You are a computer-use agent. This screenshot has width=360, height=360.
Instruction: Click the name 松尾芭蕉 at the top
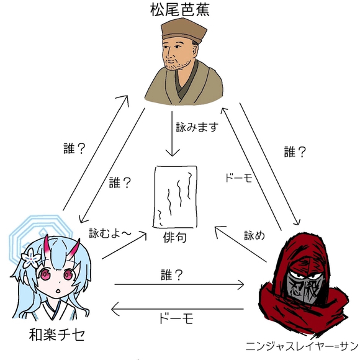coord(180,10)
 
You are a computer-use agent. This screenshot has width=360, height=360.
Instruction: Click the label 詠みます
coord(197,127)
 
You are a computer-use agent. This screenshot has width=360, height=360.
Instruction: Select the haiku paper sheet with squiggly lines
coord(175,197)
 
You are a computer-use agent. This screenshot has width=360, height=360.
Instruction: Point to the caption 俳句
coord(174,237)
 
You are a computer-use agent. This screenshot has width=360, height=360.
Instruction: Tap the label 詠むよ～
coord(110,233)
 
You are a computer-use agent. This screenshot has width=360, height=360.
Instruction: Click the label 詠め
coord(254,235)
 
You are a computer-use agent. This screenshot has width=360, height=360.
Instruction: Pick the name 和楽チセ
coord(56,335)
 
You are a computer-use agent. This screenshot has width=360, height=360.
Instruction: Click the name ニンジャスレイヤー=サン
coord(302,346)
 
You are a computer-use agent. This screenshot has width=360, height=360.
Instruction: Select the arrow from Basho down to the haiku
coord(172,134)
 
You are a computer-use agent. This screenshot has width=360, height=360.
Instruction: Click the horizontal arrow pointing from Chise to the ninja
coord(179,285)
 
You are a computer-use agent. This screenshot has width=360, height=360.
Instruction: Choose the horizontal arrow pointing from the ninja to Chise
coord(178,309)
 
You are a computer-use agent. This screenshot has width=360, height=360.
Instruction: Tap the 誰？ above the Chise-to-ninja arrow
coord(172,275)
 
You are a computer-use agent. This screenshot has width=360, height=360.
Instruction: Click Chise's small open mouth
coord(58,290)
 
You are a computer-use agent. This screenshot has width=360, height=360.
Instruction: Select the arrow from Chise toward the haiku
coord(124,246)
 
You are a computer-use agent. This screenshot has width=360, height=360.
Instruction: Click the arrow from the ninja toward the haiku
coord(240,244)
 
